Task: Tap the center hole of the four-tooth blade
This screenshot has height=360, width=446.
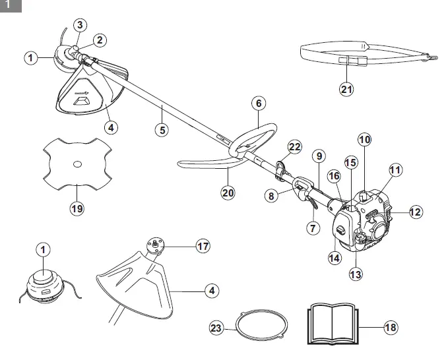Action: point(77,163)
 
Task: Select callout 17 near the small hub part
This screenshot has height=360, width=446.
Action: point(203,246)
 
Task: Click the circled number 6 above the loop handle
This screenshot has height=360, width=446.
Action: point(259,104)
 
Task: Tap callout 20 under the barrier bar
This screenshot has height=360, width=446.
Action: point(228,193)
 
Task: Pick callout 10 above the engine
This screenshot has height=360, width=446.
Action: point(366,139)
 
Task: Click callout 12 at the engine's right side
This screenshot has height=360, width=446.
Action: point(415,212)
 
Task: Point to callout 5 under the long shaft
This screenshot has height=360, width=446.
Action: point(162,129)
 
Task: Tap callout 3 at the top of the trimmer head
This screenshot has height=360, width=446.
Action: point(79,26)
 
